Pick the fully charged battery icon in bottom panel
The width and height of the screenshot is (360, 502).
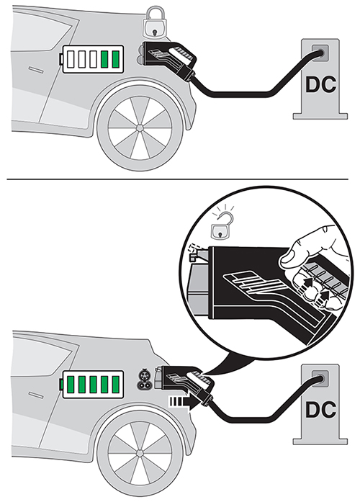click(92, 382)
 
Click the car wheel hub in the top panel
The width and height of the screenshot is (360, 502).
click(139, 127)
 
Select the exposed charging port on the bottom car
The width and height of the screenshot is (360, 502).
click(143, 379)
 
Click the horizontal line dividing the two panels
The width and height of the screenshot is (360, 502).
click(180, 178)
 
